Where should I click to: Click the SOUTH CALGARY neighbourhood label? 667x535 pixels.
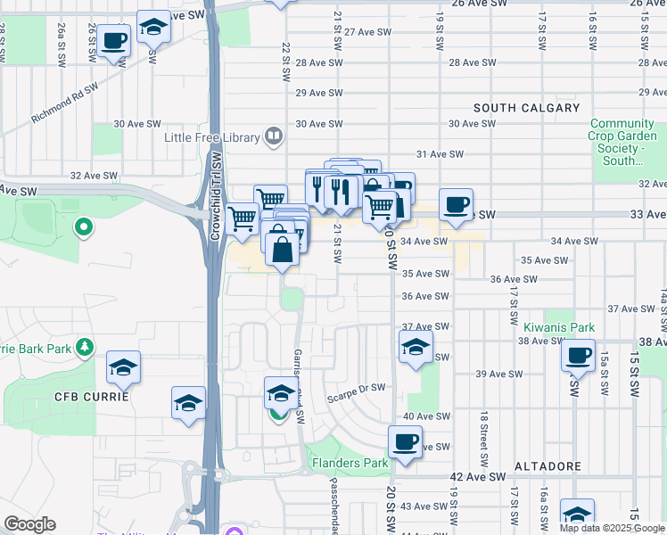(x=527, y=108)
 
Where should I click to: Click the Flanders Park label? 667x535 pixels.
(x=350, y=463)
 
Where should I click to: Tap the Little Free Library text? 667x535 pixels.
(x=211, y=137)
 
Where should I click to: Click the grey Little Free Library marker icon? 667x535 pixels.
(x=274, y=137)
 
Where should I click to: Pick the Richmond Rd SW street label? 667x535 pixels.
(x=64, y=103)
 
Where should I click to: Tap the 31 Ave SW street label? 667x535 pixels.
(x=441, y=153)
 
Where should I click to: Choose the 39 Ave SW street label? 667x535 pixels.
(x=498, y=374)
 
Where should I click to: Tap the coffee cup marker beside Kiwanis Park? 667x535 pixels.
(x=578, y=356)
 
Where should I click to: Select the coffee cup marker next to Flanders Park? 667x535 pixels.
(x=405, y=440)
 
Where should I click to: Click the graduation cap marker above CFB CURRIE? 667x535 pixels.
(x=123, y=365)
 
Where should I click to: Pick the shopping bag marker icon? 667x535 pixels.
(x=282, y=248)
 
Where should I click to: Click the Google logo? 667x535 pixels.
(x=29, y=524)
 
